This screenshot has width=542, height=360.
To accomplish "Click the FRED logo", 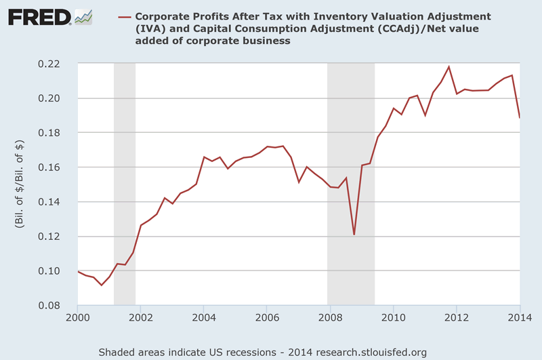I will pos(49,17).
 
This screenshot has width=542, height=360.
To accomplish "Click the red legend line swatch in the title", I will pos(125,16).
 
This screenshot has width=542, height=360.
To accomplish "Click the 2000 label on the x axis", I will pos(78,317).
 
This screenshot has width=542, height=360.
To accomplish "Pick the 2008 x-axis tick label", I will pos(330,317).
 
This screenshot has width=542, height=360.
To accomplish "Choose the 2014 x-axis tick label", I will pos(520,317).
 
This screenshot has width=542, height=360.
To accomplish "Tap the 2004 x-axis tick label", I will pos(204,317).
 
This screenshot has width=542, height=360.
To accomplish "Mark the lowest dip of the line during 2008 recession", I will pos(354,235).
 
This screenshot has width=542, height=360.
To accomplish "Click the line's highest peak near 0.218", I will pos(449,66).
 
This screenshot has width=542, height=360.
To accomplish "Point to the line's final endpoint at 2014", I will pos(520,118).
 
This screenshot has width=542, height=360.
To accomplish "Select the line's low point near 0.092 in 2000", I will pos(102,285).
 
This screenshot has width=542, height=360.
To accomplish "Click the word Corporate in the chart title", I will pos(169,16).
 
